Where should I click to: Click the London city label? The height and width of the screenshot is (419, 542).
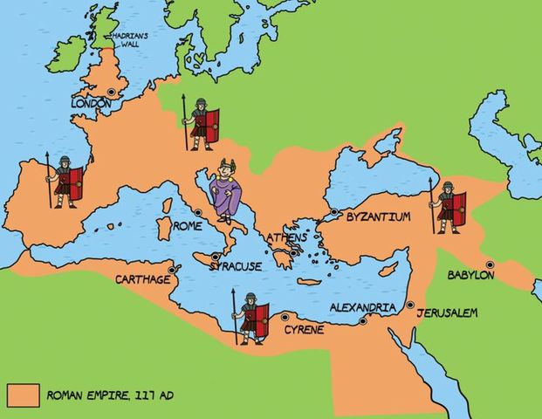(x=91, y=104)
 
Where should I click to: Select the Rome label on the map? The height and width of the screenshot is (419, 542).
(x=188, y=225)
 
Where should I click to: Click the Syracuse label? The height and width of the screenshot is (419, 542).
(x=236, y=266)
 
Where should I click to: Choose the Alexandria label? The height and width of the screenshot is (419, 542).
(x=363, y=307)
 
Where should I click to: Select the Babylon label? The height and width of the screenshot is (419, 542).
(x=470, y=275)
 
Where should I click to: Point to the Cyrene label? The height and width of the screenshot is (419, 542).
(x=304, y=329)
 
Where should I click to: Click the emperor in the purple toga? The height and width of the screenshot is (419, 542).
(x=229, y=191)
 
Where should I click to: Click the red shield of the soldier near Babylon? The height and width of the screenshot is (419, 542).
(x=458, y=206)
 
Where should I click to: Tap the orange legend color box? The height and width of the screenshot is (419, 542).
(x=23, y=395)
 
